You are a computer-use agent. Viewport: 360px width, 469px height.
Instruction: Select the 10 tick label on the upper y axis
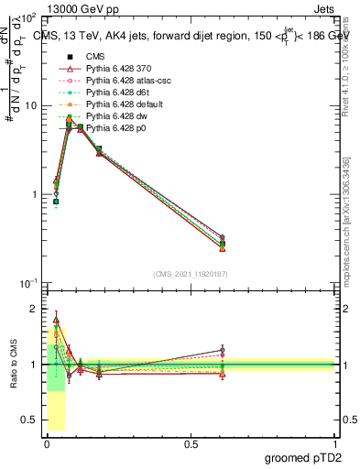point(29,105)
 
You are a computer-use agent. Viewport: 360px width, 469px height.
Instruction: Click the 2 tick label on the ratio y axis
point(35,309)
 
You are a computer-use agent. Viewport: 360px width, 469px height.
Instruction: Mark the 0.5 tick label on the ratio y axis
point(29,421)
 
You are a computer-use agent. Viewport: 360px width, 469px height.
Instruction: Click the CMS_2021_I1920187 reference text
point(191,274)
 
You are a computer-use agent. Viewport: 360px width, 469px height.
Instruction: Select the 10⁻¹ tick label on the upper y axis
point(27,283)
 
